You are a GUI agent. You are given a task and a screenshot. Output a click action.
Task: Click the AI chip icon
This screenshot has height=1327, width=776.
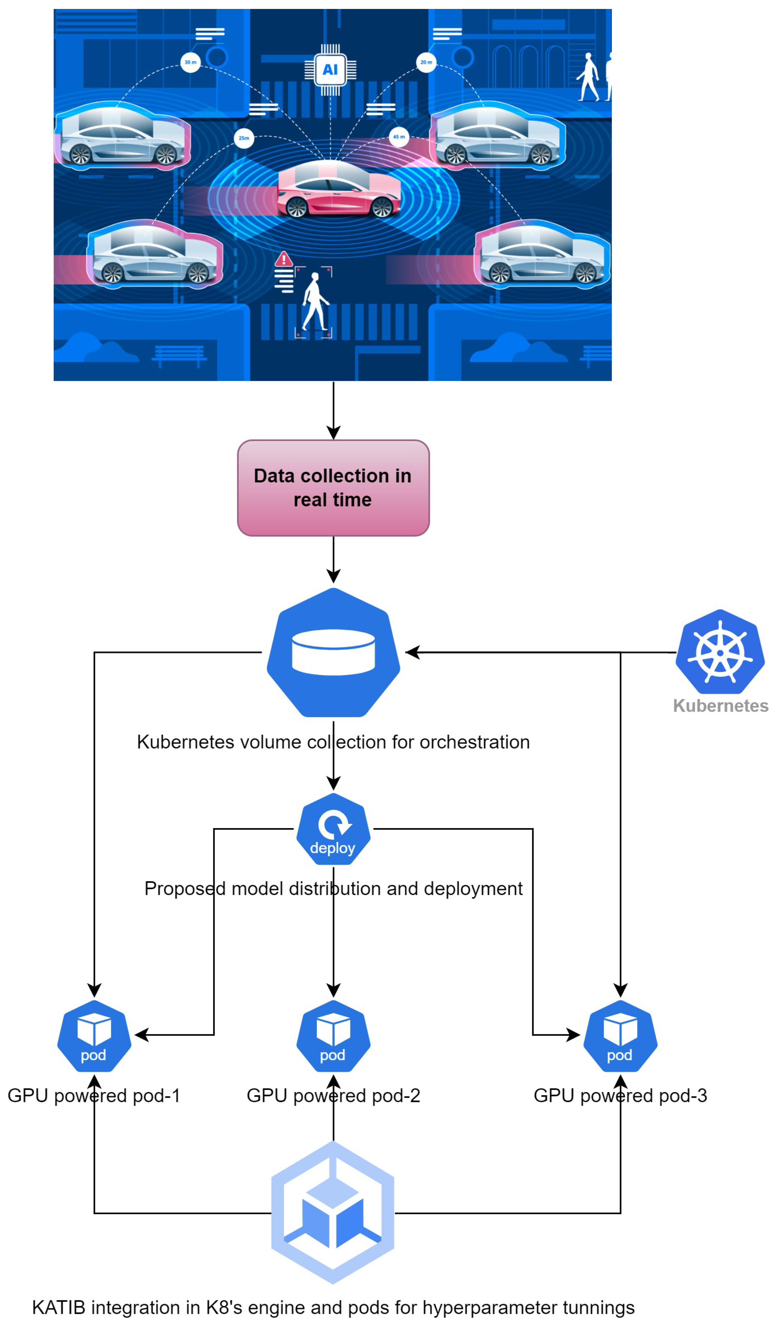coord(330,69)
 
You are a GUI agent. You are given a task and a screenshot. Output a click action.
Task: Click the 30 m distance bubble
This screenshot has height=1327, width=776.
coord(190,62)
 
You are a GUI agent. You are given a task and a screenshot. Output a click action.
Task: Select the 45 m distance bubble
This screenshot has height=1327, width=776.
coord(399,137)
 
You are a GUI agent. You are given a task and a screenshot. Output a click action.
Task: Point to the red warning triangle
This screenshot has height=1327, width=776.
coord(284,259)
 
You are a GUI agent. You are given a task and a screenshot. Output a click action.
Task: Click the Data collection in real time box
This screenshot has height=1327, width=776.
coord(333,487)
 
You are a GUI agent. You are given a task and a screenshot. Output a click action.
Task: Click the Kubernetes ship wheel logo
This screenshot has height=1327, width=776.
coord(720,652)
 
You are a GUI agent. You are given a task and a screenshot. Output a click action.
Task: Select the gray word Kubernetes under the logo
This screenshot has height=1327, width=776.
coord(720,706)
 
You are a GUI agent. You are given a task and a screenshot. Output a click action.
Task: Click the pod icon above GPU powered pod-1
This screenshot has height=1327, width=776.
coord(94,1035)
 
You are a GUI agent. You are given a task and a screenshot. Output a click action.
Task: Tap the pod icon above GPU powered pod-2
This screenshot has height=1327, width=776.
coord(333,1035)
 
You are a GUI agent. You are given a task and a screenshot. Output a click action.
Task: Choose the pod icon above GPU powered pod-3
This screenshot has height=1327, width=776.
coord(620,1035)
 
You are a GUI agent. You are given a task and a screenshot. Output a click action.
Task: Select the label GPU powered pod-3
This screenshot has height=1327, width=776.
coord(620,1095)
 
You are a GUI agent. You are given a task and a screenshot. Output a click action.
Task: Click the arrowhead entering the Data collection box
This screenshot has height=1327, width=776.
coord(333,433)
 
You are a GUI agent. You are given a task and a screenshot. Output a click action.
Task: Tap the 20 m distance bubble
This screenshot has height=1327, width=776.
coord(426,62)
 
